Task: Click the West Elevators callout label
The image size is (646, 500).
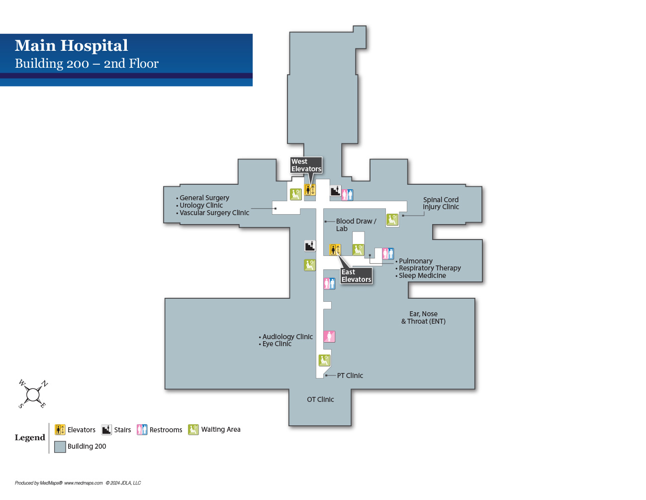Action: (306, 165)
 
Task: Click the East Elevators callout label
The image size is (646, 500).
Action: (356, 275)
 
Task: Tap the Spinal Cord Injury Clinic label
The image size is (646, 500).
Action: (441, 203)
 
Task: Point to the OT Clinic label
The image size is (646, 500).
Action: (320, 399)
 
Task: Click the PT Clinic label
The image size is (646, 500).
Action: (350, 375)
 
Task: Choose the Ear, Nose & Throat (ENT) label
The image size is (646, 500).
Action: (423, 317)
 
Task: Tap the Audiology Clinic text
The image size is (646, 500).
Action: (287, 337)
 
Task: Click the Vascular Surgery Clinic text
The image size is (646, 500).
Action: (214, 213)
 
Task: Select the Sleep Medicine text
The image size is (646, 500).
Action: (422, 275)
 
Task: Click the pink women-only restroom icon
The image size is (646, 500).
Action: (329, 337)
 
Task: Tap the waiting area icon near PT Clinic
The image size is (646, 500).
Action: (324, 360)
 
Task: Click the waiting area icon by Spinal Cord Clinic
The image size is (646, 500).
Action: (392, 220)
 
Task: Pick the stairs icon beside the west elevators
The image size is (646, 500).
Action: (336, 191)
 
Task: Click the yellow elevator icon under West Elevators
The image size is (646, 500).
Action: (310, 190)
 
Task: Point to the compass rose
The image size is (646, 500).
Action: (33, 394)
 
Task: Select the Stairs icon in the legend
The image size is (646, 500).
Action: (106, 430)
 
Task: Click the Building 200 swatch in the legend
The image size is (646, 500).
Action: (60, 447)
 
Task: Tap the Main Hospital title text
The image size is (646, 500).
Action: (72, 46)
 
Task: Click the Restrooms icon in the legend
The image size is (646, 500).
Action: (142, 430)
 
